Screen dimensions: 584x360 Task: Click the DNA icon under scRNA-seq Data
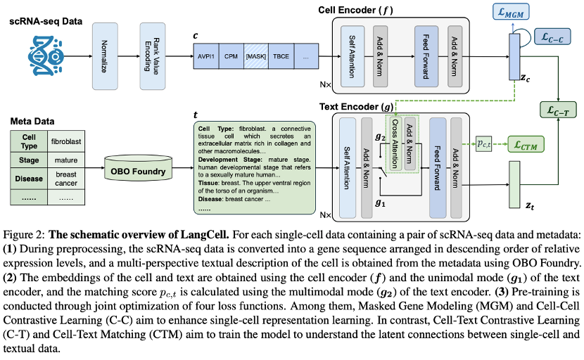pyautogui.click(x=46, y=56)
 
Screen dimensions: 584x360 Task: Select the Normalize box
pyautogui.click(x=105, y=56)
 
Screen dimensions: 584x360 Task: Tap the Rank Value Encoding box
pyautogui.click(x=152, y=56)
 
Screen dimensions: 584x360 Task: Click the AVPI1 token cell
pyautogui.click(x=206, y=56)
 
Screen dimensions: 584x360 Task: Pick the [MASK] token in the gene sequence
pyautogui.click(x=256, y=56)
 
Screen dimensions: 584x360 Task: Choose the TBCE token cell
pyautogui.click(x=281, y=56)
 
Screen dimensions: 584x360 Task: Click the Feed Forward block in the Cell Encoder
pyautogui.click(x=426, y=56)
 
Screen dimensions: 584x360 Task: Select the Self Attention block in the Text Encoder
pyautogui.click(x=347, y=168)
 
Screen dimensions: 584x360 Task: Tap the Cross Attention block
pyautogui.click(x=395, y=143)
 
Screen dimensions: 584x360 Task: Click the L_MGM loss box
pyautogui.click(x=511, y=11)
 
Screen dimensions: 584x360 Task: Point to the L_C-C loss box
pyautogui.click(x=552, y=37)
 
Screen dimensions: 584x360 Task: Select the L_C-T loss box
pyautogui.click(x=558, y=110)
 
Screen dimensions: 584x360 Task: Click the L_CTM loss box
pyautogui.click(x=526, y=144)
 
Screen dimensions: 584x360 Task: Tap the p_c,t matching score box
pyautogui.click(x=484, y=143)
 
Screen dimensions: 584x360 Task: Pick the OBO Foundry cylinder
pyautogui.click(x=138, y=169)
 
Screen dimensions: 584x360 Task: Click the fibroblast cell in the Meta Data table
pyautogui.click(x=66, y=141)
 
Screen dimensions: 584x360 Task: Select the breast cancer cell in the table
pyautogui.click(x=66, y=179)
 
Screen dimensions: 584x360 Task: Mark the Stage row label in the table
pyautogui.click(x=29, y=160)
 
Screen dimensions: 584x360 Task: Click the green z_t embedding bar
pyautogui.click(x=514, y=185)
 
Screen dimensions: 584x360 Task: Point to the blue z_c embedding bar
pyautogui.click(x=514, y=56)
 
